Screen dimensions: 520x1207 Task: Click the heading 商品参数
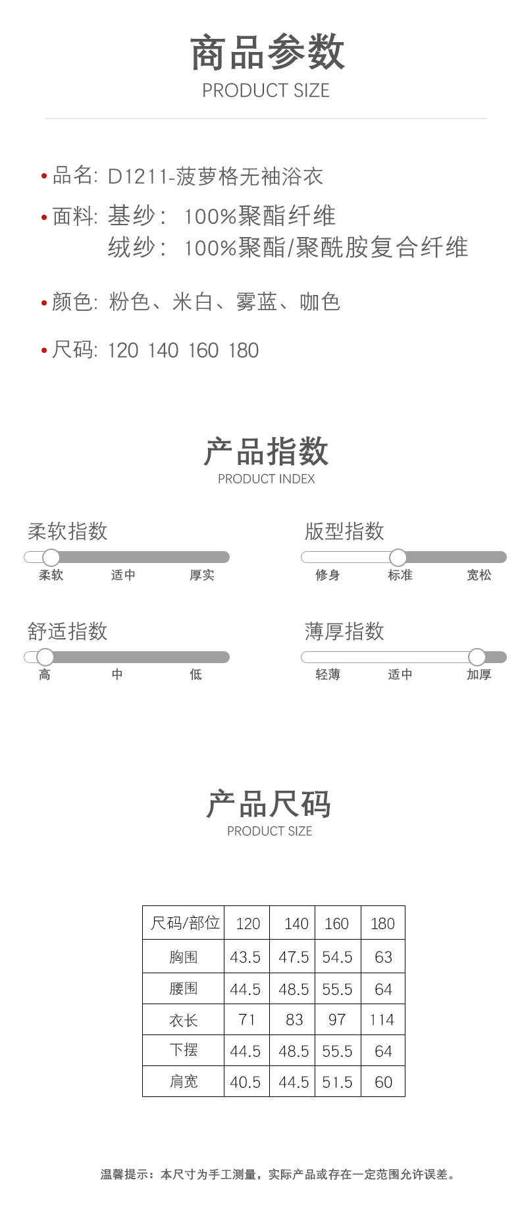coord(267,53)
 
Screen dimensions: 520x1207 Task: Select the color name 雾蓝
coord(256,302)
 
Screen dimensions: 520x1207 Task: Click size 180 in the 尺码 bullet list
coord(243,350)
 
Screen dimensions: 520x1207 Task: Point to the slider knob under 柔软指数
coord(51,557)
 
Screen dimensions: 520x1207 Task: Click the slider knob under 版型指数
coord(398,557)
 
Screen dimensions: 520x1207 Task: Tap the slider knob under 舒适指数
coord(45,657)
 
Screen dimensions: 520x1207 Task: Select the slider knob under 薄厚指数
coord(477,657)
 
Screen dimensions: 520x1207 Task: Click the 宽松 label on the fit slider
coord(479,575)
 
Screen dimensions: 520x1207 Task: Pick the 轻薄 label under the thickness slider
coord(327,674)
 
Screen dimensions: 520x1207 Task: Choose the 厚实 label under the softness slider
coord(201,575)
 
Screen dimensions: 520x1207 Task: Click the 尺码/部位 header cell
coord(184,923)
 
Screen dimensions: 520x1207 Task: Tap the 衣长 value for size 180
coord(382,1020)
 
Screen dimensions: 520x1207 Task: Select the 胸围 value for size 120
coord(246,957)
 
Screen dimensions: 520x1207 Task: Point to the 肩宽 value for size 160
coord(337,1082)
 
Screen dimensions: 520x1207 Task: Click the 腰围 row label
coord(183,988)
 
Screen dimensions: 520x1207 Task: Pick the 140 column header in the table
coord(296,923)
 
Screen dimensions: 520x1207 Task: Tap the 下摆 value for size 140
coord(294,1051)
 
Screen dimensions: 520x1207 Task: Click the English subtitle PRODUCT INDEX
coord(266,479)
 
